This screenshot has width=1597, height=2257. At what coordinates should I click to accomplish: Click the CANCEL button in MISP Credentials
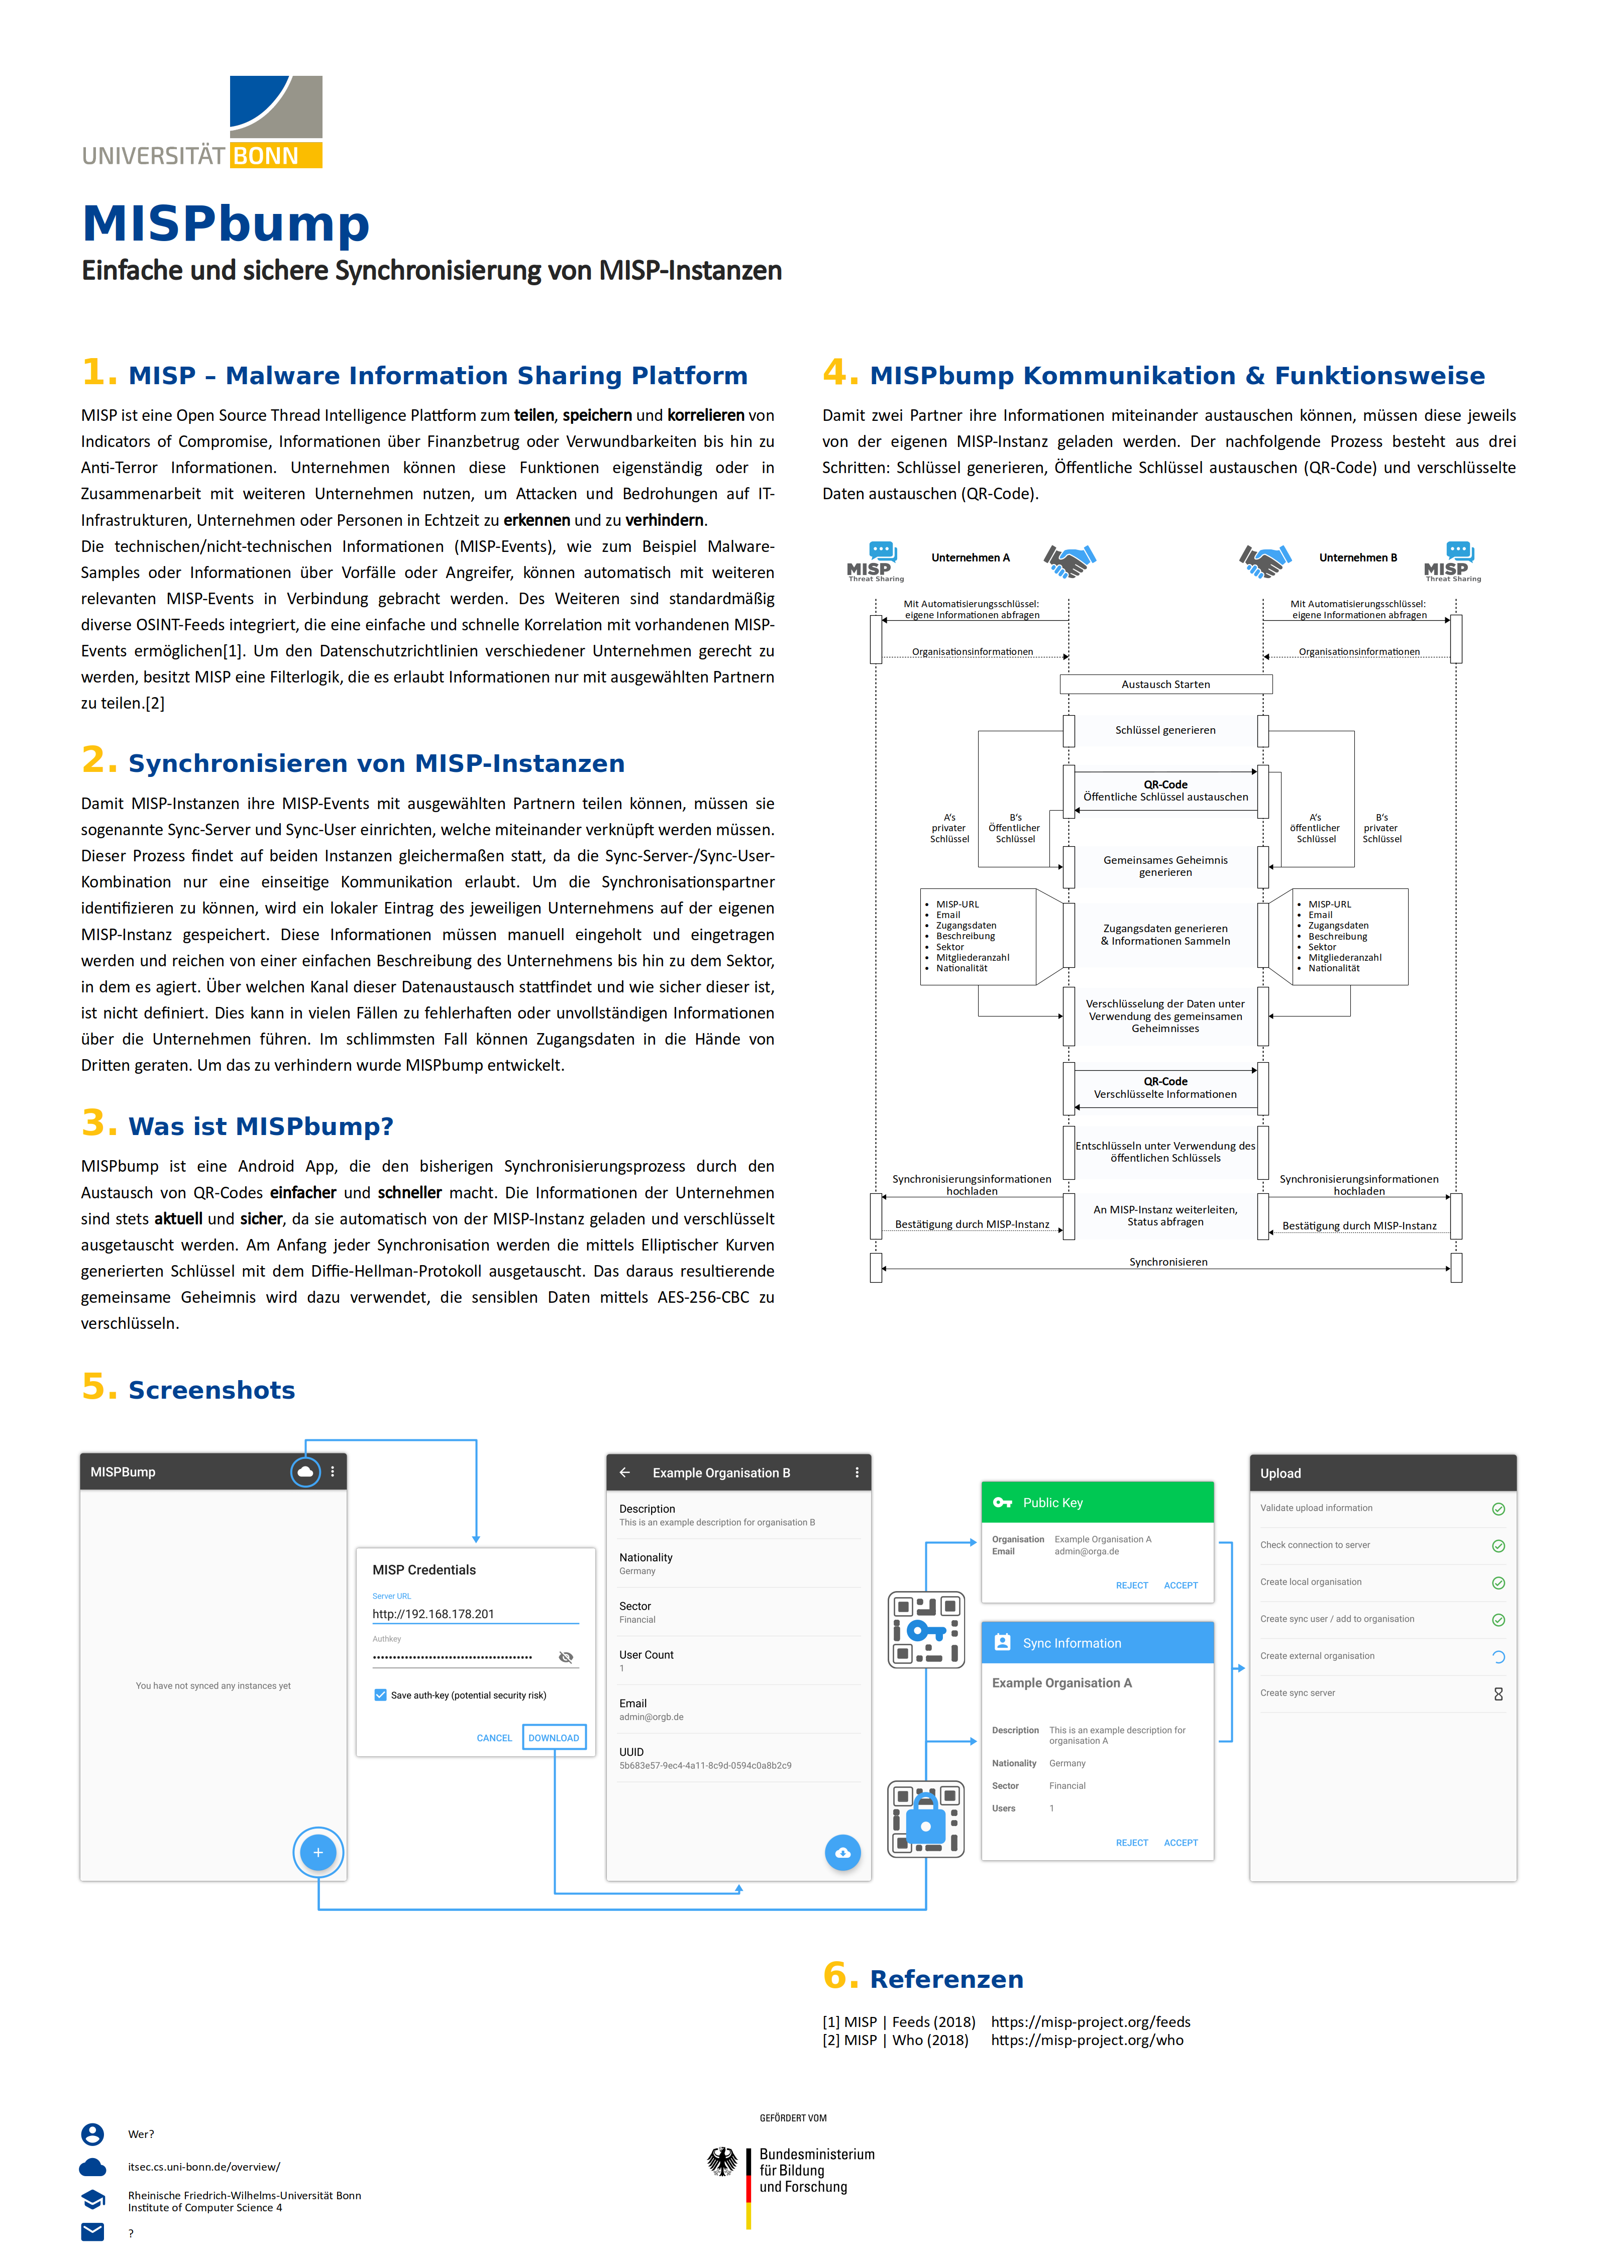(495, 1738)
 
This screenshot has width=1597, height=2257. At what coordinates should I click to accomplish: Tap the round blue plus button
(317, 1852)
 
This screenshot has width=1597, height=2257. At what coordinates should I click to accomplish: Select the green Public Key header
(1098, 1502)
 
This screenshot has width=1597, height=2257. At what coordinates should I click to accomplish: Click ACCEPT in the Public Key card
(1181, 1585)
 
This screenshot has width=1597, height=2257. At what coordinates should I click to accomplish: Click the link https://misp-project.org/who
(1088, 2040)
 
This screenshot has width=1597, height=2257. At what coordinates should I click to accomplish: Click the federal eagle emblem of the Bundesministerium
(723, 2161)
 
